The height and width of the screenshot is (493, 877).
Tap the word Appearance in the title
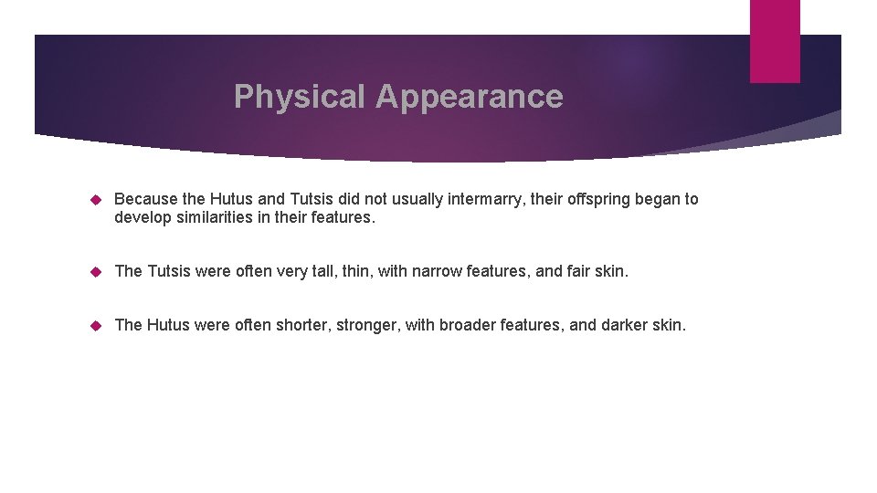pyautogui.click(x=469, y=96)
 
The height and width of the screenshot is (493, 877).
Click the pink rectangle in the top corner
pyautogui.click(x=775, y=41)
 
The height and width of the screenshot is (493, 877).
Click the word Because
pyautogui.click(x=146, y=199)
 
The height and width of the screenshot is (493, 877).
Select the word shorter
pyautogui.click(x=303, y=325)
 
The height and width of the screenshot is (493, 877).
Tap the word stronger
pyautogui.click(x=370, y=325)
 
